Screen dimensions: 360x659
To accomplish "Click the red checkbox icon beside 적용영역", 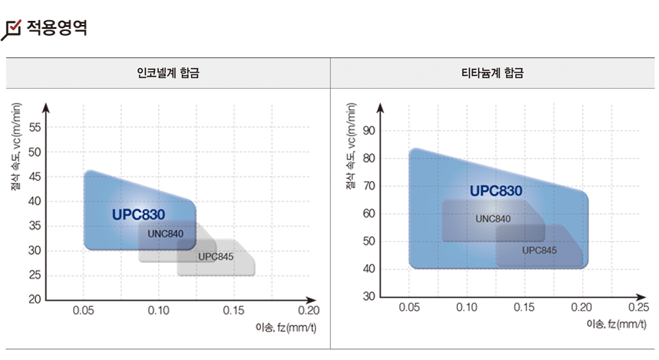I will coord(12,29).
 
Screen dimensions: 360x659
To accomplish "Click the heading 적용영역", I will coord(56,28).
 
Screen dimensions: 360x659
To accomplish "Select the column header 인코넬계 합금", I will coord(168,73).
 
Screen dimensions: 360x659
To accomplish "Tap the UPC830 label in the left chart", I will coord(139,215).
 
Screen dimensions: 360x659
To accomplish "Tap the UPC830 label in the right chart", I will coord(496,190).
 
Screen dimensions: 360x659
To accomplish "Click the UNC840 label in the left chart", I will coord(165,233).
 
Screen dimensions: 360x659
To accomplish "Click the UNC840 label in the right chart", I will coord(493,219).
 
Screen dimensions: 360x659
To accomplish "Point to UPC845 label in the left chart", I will coord(216,256).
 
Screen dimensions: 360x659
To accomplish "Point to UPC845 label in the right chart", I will coord(539,250).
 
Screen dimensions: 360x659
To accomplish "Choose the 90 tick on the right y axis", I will coord(368,130).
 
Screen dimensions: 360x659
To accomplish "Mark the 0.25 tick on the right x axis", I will coord(639,308).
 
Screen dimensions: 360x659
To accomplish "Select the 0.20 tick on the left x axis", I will coord(309,310).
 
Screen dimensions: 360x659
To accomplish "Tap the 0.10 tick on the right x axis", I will coord(467,308).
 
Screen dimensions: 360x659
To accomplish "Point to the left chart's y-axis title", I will coord(17,147).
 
